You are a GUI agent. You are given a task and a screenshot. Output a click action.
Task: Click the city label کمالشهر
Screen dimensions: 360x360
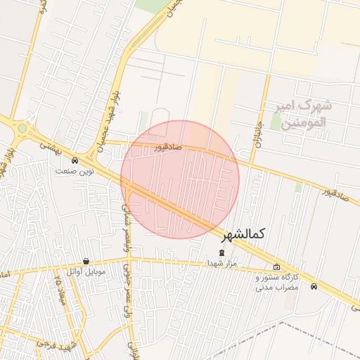pyautogui.click(x=247, y=234)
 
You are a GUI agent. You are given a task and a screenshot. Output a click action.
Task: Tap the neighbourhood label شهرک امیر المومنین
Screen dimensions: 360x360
pyautogui.click(x=304, y=114)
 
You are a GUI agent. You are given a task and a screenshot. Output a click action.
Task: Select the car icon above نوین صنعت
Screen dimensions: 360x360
pyautogui.click(x=75, y=160)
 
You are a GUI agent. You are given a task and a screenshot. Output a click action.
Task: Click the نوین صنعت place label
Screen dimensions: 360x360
pyautogui.click(x=77, y=171)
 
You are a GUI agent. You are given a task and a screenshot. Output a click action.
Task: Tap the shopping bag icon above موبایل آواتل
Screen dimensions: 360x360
pyautogui.click(x=86, y=261)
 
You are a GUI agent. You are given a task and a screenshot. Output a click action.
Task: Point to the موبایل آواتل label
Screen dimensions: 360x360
pyautogui.click(x=86, y=271)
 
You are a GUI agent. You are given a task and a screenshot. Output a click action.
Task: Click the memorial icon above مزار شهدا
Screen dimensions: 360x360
pyautogui.click(x=223, y=252)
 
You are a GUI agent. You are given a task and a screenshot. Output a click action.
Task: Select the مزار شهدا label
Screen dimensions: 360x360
pyautogui.click(x=222, y=263)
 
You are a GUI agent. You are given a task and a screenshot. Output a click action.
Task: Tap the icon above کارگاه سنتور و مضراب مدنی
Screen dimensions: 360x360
pyautogui.click(x=276, y=267)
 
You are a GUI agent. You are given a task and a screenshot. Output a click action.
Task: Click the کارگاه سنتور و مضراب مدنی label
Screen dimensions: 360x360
pyautogui.click(x=277, y=283)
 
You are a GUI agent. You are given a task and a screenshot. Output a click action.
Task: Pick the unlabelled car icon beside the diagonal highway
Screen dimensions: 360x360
pyautogui.click(x=314, y=286)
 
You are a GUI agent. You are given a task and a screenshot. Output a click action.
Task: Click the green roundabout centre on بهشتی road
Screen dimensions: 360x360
pyautogui.click(x=22, y=129)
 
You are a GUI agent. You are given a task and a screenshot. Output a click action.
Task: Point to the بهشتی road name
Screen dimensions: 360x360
pyautogui.click(x=51, y=146)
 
